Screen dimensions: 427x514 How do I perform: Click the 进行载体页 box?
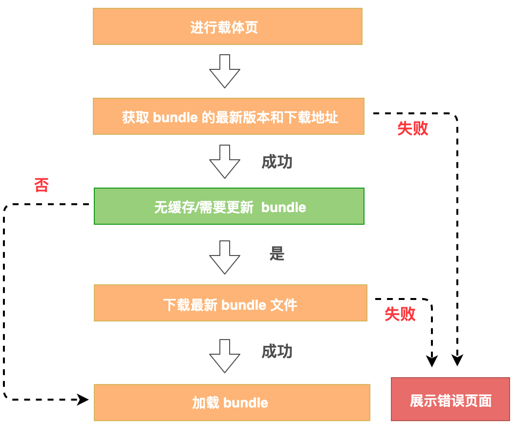point(227,26)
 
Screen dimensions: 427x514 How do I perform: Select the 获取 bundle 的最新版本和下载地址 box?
point(228,116)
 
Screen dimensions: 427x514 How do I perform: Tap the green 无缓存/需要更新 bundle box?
point(229,206)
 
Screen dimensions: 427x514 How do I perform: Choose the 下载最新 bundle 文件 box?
point(230,303)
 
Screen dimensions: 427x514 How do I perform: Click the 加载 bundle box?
point(232,403)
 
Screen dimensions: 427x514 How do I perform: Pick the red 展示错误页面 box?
point(450,399)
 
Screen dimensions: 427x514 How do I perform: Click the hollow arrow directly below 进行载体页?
point(225,71)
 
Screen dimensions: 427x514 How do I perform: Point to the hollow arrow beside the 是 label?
point(225,257)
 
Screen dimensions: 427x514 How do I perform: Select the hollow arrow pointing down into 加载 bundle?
point(225,356)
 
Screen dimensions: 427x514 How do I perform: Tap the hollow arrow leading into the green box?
point(225,161)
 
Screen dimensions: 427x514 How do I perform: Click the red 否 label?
point(42,185)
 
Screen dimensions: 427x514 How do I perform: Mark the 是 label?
point(277,254)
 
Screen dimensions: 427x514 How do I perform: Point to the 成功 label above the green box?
point(277,162)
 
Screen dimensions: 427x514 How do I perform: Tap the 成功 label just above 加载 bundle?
point(277,351)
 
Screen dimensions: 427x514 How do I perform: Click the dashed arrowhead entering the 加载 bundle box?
point(83,400)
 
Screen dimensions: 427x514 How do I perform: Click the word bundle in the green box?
point(283,207)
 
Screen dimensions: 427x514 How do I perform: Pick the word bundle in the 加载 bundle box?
point(246,403)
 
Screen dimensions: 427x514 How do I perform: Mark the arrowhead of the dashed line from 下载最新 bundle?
point(431,361)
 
